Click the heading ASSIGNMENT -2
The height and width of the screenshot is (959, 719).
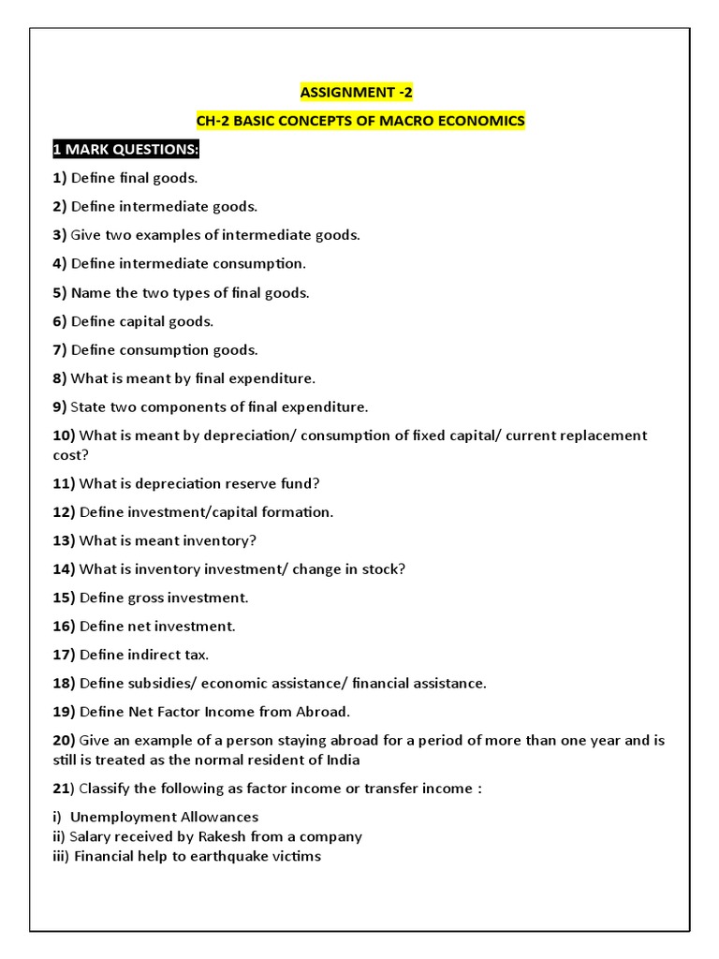[x=356, y=92]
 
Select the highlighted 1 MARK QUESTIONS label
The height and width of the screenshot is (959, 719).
[x=125, y=150]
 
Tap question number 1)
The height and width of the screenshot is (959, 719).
[x=60, y=178]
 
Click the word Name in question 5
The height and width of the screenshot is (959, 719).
[x=91, y=292]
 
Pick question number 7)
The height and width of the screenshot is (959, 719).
[x=60, y=349]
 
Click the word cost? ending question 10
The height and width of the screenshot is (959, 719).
[x=72, y=454]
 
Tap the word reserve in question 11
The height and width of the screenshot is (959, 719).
[x=245, y=483]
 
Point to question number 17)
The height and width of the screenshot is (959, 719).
[x=64, y=655]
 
